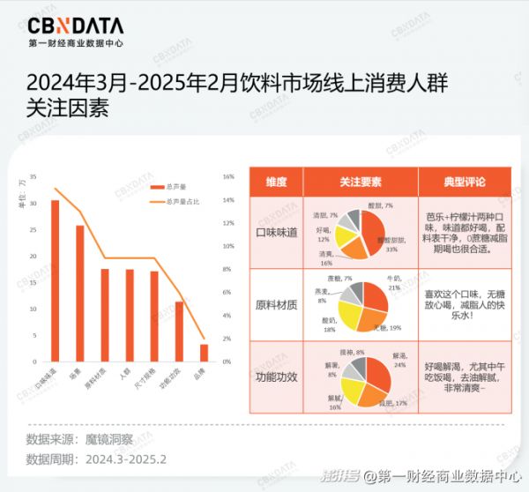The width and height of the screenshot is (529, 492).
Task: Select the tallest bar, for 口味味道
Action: [x=55, y=280]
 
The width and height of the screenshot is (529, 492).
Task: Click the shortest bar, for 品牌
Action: [x=204, y=352]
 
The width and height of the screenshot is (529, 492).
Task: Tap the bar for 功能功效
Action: [x=179, y=332]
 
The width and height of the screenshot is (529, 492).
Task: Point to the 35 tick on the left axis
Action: [x=34, y=177]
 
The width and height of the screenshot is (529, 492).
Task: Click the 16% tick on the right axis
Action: [x=228, y=177]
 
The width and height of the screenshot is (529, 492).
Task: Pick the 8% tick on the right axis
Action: [x=228, y=270]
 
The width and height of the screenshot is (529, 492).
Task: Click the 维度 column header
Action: [x=276, y=182]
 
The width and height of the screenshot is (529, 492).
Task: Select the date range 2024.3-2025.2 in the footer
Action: [x=125, y=458]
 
